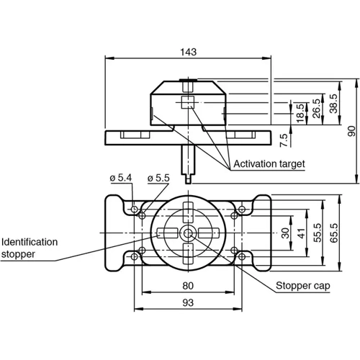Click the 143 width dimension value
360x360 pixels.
(x=188, y=52)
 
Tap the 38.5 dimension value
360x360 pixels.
(x=333, y=104)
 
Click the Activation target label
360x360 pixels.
(x=269, y=164)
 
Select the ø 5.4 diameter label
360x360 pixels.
(x=120, y=177)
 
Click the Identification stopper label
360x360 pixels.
(x=30, y=248)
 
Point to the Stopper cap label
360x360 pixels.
(x=302, y=286)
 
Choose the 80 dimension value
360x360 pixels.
(x=187, y=285)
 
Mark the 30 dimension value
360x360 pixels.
(x=285, y=233)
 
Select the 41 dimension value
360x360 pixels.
(x=302, y=233)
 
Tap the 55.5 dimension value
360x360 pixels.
(x=318, y=233)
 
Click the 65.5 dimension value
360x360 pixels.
(x=334, y=233)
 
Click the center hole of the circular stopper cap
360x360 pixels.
(x=188, y=233)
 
